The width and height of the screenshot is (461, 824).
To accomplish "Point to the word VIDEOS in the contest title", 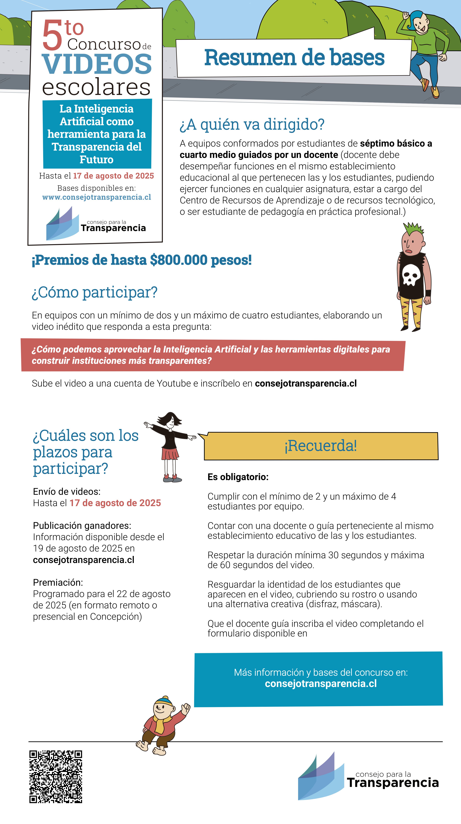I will tap(97, 64).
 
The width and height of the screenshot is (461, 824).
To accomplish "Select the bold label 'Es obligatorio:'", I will tap(238, 477).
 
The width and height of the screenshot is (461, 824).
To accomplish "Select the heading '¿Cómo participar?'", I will tap(95, 292).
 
